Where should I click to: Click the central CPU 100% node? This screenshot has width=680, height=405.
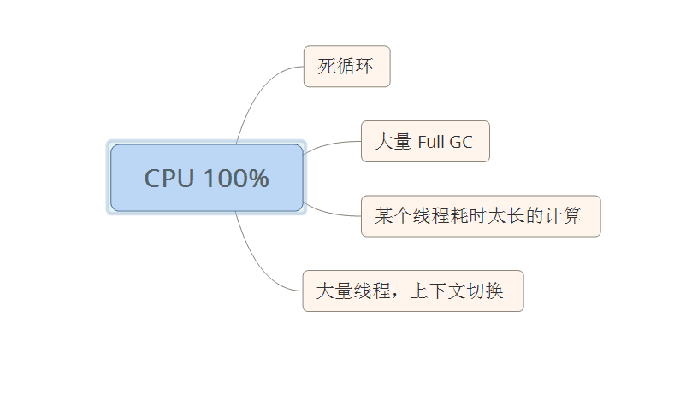click(206, 178)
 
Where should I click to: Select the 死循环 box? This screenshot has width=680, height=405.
click(346, 67)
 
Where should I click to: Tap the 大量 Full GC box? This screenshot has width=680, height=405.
click(424, 142)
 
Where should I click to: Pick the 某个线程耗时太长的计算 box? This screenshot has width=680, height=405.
click(480, 216)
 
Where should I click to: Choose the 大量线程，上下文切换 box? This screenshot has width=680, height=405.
click(412, 291)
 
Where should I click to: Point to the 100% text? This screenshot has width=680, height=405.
click(236, 179)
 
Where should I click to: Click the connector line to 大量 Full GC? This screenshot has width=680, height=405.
click(329, 144)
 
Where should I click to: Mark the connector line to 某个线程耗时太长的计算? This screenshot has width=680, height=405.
click(329, 212)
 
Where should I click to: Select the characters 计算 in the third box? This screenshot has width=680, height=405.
click(562, 216)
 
